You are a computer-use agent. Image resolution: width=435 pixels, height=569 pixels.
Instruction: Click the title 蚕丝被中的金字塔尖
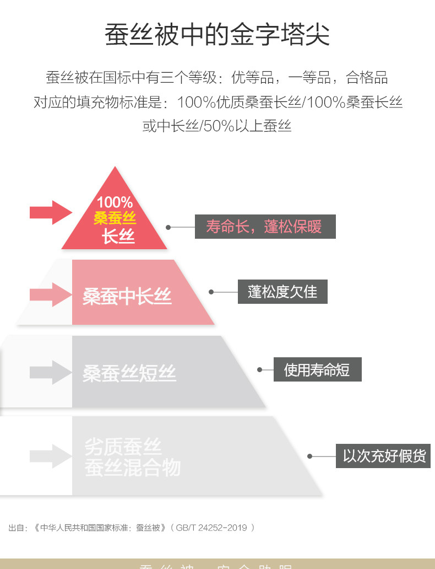(x=217, y=34)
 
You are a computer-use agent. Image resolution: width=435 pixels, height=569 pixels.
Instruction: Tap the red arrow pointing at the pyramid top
(x=51, y=212)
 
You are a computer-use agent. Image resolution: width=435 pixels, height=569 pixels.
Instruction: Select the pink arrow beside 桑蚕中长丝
(x=51, y=294)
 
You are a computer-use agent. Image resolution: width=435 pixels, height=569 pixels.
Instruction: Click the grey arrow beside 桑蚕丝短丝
(x=51, y=372)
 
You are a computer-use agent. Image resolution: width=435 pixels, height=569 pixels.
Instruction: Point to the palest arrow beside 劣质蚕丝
(x=51, y=456)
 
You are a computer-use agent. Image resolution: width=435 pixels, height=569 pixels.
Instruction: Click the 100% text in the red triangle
(x=115, y=202)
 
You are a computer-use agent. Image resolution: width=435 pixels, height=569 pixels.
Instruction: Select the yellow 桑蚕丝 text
(x=115, y=218)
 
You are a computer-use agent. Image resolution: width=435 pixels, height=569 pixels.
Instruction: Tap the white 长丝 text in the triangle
(x=118, y=237)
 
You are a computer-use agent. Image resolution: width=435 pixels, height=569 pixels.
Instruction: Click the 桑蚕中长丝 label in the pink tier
(x=127, y=296)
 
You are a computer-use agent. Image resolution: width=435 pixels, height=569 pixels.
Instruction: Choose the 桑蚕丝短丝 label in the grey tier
(x=129, y=373)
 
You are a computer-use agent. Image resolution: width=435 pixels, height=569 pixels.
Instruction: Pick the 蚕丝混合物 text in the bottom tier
(x=132, y=468)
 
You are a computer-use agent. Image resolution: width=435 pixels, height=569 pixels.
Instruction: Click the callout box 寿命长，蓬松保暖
(x=265, y=227)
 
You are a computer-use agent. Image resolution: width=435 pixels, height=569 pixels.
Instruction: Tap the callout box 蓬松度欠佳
(x=282, y=292)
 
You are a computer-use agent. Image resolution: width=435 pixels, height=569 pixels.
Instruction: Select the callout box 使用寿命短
(x=317, y=369)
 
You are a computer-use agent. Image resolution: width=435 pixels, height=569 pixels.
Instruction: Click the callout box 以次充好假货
(x=383, y=456)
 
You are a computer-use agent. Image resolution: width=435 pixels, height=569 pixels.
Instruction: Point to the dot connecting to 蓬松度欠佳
(x=211, y=292)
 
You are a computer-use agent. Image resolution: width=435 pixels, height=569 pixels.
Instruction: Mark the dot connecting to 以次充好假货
(x=309, y=456)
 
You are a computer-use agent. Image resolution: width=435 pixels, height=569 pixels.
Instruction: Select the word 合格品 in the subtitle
(x=367, y=78)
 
